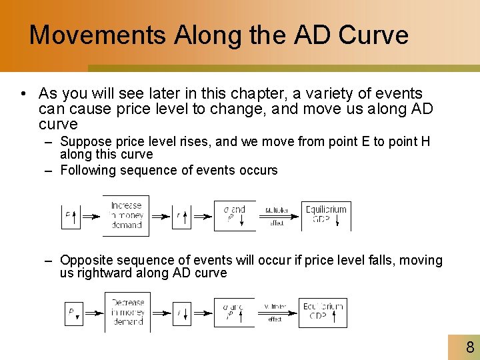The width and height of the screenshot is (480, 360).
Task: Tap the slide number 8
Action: pos(470,347)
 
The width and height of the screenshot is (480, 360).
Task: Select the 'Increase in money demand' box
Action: pos(126,215)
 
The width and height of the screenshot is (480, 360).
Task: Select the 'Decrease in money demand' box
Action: pos(127,312)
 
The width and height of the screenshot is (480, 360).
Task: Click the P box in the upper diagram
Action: pos(71,216)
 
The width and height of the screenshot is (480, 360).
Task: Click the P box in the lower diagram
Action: pos(73,312)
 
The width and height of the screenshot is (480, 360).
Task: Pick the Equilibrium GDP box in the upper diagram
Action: pos(326,215)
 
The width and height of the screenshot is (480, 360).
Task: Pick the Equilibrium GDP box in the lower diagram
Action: pos(323,312)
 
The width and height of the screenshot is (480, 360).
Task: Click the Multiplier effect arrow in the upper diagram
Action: pos(277,216)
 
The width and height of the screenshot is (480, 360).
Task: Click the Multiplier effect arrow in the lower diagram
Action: pos(275,313)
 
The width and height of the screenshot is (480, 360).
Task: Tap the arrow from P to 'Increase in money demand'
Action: pos(91,216)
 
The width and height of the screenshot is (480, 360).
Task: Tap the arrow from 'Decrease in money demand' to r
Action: pos(161,312)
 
